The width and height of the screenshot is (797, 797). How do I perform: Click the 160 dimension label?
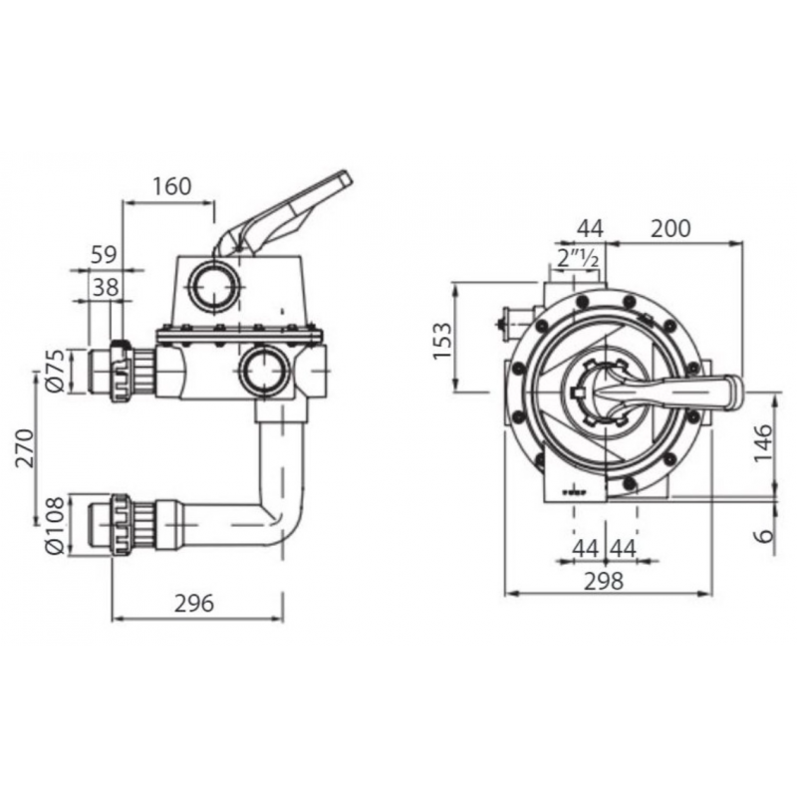pos(172,186)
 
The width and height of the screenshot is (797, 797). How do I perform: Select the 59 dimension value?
pos(104,254)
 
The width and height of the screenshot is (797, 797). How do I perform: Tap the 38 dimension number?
pos(106,288)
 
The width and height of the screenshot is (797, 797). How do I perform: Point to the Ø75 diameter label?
pos(56,371)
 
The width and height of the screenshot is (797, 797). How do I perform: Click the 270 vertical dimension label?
pos(24,447)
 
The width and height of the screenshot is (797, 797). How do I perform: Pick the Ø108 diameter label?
pos(55,525)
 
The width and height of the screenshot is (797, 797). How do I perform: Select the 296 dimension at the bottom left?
pos(194,604)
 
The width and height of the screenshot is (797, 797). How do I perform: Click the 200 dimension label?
pos(670,229)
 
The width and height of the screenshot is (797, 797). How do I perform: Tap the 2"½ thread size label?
pos(578,259)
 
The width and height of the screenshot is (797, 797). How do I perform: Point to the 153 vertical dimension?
pos(442,341)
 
